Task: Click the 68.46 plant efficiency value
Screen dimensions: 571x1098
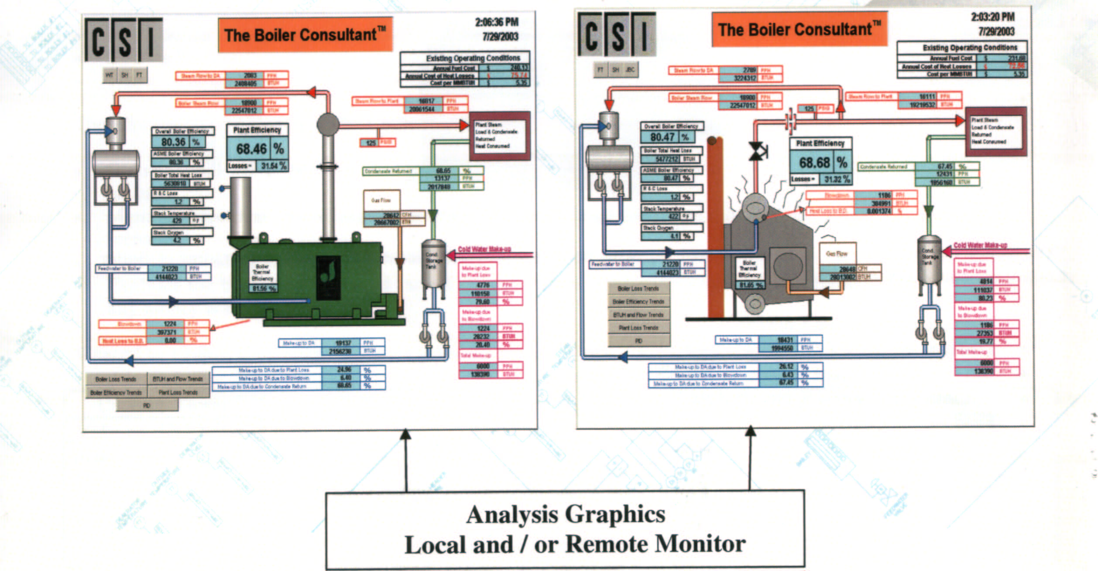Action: coord(251,150)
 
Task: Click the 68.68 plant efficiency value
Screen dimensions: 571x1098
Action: coord(814,163)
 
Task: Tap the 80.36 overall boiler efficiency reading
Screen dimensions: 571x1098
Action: coord(174,142)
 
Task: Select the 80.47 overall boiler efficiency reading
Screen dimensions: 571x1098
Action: coord(662,137)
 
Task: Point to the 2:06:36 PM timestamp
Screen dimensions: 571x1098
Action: coord(497,22)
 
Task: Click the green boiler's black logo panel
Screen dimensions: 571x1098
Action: coord(328,277)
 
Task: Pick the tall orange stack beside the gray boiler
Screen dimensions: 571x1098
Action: coord(715,227)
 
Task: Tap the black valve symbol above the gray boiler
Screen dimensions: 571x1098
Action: coord(758,151)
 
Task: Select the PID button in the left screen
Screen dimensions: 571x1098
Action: coord(147,406)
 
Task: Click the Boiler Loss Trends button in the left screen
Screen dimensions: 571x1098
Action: coord(116,379)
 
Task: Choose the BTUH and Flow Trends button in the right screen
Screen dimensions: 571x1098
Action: coord(638,315)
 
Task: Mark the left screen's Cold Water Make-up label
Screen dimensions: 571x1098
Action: coord(484,249)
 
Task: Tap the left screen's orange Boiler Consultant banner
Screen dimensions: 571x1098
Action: coord(305,35)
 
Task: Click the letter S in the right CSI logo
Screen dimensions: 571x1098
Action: coord(618,35)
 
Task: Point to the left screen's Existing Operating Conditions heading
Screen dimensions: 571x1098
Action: coord(473,58)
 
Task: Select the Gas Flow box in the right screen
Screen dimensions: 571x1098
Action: coord(837,254)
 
